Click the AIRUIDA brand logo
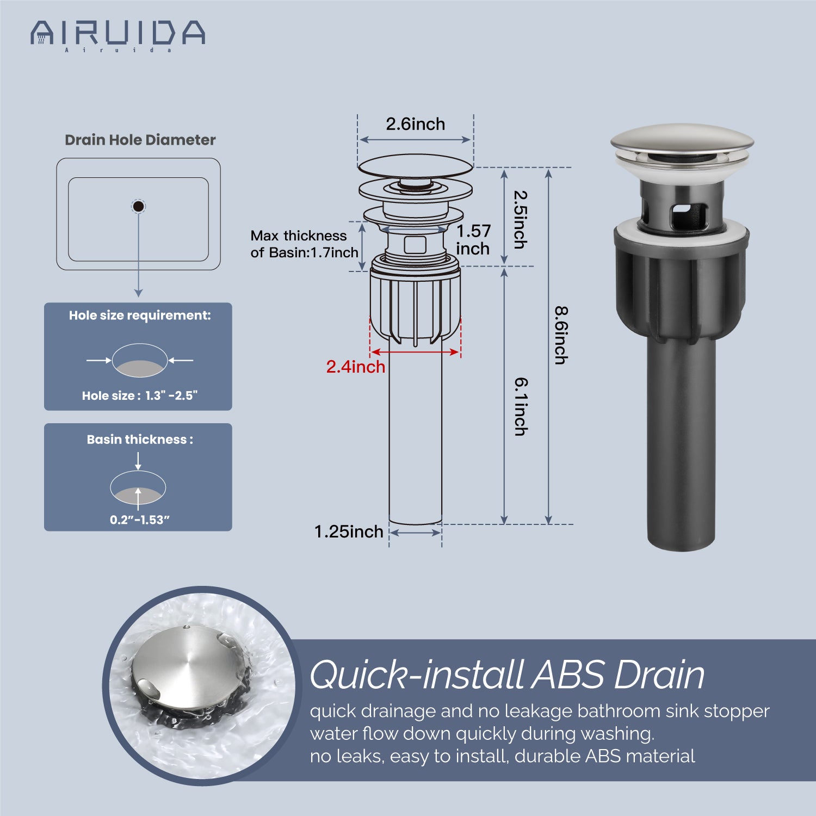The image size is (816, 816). coord(118,35)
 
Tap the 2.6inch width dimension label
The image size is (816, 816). coord(416,124)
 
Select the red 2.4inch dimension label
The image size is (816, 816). coord(356,367)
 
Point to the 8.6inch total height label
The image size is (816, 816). coord(561,335)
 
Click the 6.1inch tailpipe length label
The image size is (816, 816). coord(521,407)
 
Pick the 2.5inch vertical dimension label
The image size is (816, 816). coord(521,219)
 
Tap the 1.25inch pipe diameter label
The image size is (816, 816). coord(349,531)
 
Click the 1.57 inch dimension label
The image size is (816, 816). coord(473,239)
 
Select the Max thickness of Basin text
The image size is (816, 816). coord(304,244)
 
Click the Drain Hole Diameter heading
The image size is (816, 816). coord(140,140)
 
